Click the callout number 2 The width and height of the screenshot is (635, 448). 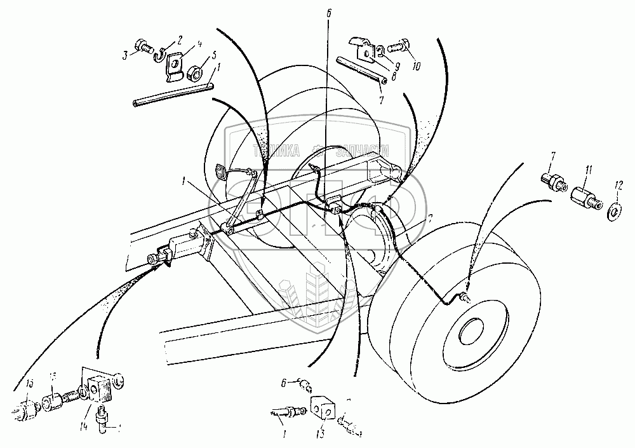(180, 40)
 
